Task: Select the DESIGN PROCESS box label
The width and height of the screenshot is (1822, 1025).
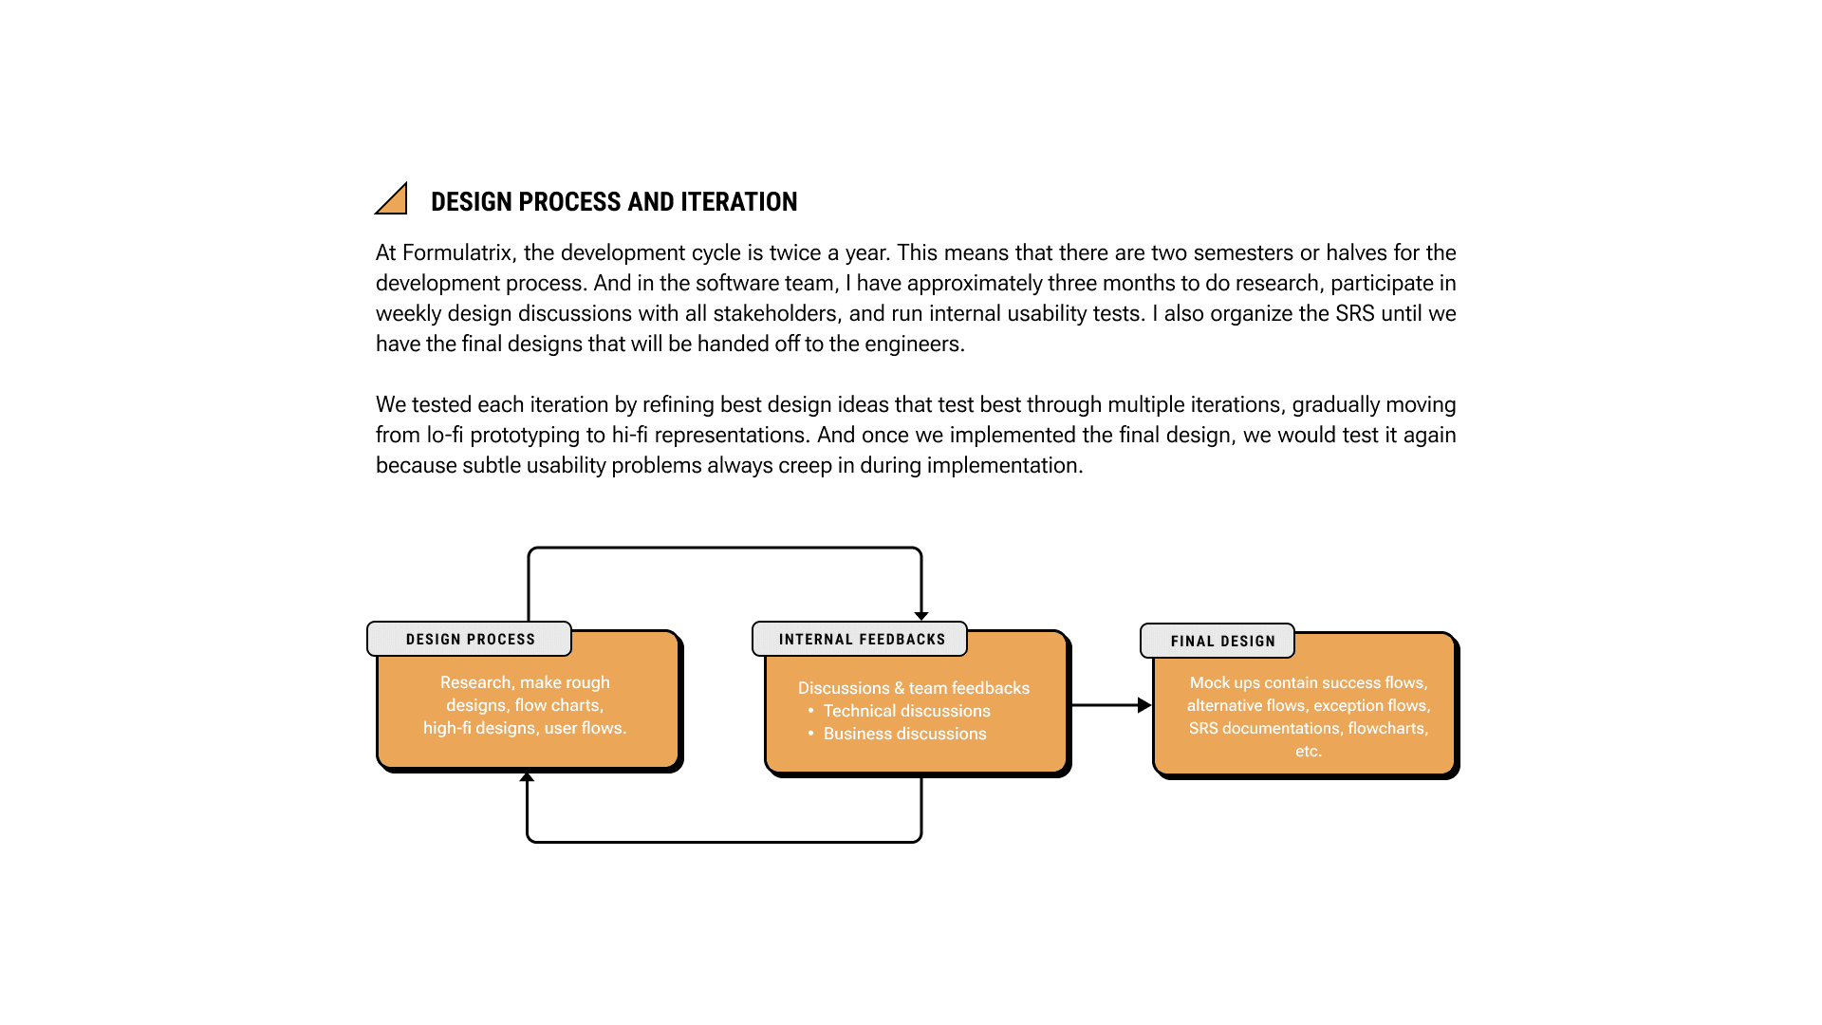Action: (x=470, y=640)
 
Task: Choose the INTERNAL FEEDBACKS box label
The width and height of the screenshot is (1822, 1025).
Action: (x=862, y=640)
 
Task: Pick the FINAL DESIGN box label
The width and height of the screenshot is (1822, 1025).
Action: (x=1222, y=642)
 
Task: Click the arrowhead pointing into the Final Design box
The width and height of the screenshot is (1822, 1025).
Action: (x=1144, y=705)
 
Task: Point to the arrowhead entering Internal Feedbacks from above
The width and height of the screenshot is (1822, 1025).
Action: (x=921, y=616)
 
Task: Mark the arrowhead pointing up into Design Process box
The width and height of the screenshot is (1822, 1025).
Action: (x=527, y=777)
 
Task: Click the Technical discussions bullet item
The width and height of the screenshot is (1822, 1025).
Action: (x=906, y=711)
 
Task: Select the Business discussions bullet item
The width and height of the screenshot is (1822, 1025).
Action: (x=904, y=734)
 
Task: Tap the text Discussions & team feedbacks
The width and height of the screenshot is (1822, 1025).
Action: (x=913, y=688)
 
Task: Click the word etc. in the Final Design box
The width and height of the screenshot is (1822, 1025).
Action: (x=1308, y=751)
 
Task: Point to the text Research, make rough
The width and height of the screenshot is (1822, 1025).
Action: (x=525, y=682)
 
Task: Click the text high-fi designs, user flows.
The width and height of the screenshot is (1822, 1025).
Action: (x=525, y=728)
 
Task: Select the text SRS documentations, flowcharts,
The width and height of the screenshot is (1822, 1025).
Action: (x=1308, y=728)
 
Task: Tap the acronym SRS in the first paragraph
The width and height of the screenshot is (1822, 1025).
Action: (x=1354, y=313)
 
